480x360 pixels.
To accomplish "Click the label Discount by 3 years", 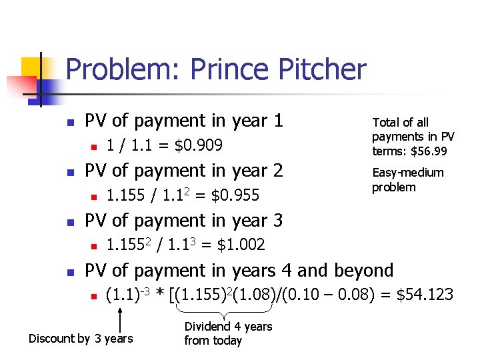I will point(81,339).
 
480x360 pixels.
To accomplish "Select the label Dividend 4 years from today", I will point(228,333).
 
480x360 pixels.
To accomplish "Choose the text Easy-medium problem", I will point(407,180).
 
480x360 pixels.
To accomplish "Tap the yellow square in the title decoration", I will point(32,68).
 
